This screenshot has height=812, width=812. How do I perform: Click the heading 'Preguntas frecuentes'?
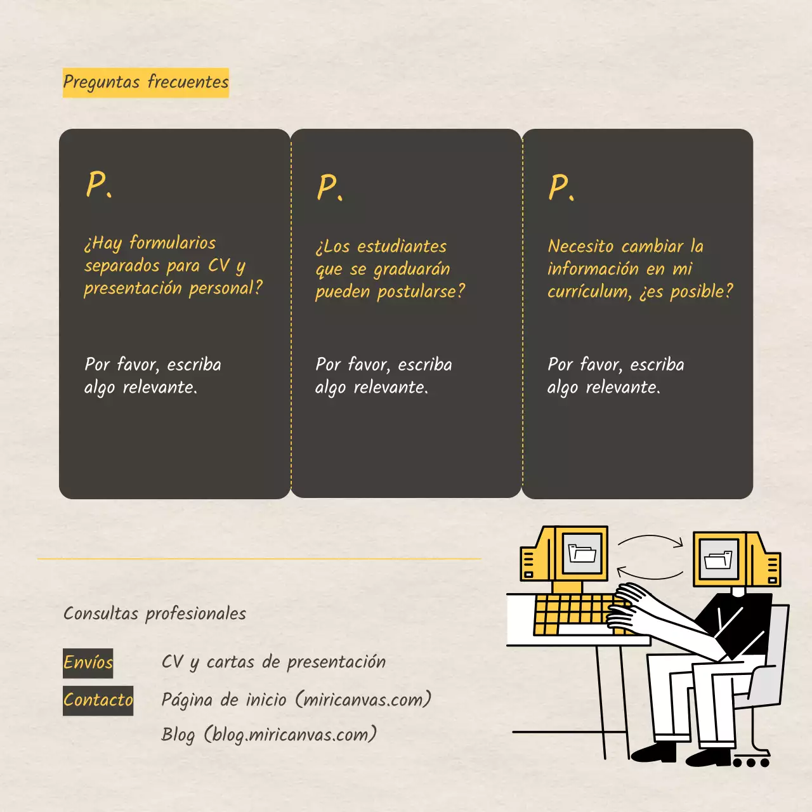pyautogui.click(x=145, y=82)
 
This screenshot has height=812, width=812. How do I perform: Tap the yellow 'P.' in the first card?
pyautogui.click(x=98, y=185)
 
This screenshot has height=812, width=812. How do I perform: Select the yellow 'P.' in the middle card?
pyautogui.click(x=329, y=188)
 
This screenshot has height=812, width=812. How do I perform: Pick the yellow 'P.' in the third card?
pyautogui.click(x=561, y=188)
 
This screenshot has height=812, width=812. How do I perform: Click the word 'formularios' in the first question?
pyautogui.click(x=173, y=243)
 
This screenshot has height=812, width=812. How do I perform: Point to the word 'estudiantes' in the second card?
pyautogui.click(x=402, y=247)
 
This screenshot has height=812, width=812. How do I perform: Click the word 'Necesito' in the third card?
pyautogui.click(x=580, y=246)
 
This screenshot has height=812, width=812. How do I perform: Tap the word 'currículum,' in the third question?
pyautogui.click(x=589, y=292)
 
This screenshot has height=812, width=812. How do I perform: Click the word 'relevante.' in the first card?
pyautogui.click(x=160, y=387)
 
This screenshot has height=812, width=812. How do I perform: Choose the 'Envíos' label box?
pyautogui.click(x=88, y=663)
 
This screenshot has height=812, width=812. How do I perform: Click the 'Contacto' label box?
pyautogui.click(x=98, y=700)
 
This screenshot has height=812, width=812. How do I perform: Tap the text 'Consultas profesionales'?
pyautogui.click(x=155, y=613)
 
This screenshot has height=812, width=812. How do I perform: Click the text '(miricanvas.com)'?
pyautogui.click(x=363, y=700)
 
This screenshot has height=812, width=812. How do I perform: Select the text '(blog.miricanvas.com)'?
pyautogui.click(x=290, y=735)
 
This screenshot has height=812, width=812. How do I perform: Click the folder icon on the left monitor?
pyautogui.click(x=582, y=553)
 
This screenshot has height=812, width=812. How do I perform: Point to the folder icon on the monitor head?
pyautogui.click(x=718, y=561)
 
